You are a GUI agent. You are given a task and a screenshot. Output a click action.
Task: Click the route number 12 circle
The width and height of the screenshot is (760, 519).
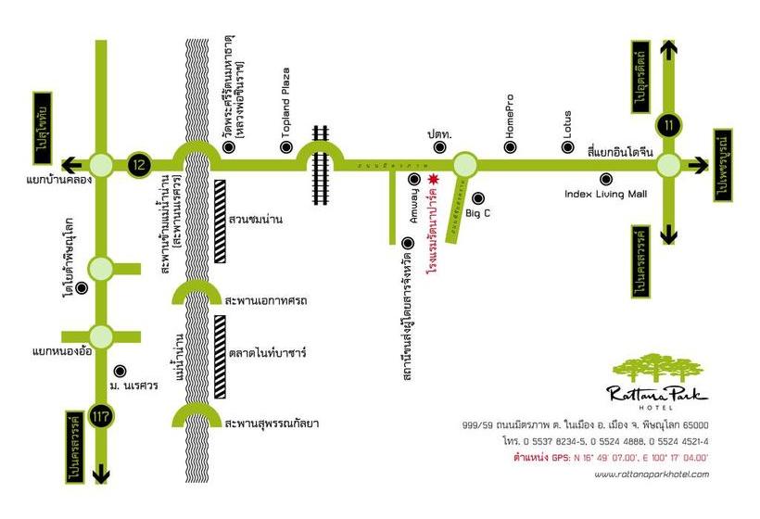pyautogui.click(x=138, y=165)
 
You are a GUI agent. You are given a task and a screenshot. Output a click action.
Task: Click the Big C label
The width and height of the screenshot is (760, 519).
pyautogui.click(x=476, y=213)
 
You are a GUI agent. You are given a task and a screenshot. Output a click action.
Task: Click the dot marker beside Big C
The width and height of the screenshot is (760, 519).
pyautogui.click(x=477, y=196)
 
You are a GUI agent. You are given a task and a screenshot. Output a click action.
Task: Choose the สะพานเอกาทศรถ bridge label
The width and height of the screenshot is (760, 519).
pyautogui.click(x=266, y=301)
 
